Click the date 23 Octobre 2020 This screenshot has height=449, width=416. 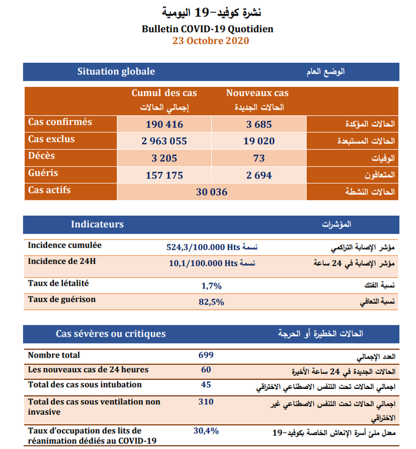[208, 40]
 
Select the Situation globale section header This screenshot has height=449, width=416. [116, 71]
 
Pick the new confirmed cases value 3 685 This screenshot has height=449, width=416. [259, 124]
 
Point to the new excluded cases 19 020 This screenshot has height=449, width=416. [259, 141]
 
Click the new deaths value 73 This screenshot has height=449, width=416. [259, 158]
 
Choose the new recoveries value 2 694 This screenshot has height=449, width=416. [259, 175]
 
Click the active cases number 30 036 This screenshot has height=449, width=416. [212, 192]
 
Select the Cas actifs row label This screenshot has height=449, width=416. [49, 190]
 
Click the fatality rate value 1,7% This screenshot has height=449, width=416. [212, 286]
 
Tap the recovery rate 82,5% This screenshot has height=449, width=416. [212, 302]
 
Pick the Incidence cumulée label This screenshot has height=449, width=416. [65, 245]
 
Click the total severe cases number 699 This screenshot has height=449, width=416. [206, 355]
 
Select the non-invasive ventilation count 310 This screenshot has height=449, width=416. [206, 401]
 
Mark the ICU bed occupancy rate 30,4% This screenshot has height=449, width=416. [206, 430]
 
